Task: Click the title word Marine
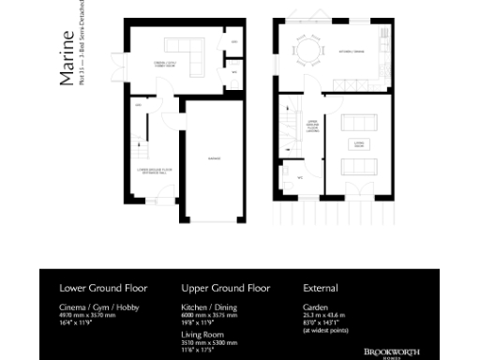point(67,58)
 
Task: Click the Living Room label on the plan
point(357,146)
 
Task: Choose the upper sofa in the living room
point(357,124)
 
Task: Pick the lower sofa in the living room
point(357,167)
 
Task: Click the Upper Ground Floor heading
point(225,288)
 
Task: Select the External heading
point(321,288)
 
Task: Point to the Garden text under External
point(315,307)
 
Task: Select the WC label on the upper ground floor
point(299,175)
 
